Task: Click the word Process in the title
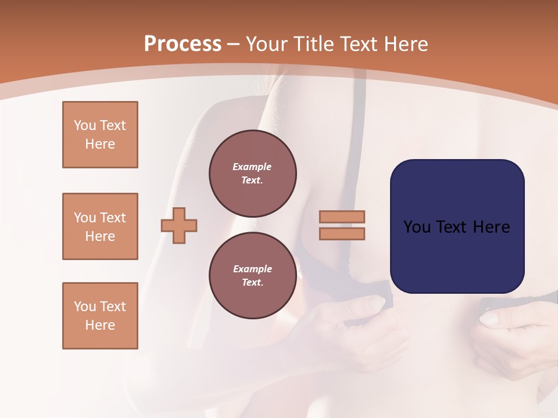coord(183,44)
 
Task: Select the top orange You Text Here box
coord(100,135)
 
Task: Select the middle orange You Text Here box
coord(100,226)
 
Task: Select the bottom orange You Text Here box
coord(100,316)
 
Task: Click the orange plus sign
coord(179,225)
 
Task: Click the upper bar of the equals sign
coord(342,217)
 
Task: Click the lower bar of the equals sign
coord(342,233)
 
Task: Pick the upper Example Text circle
coord(253,173)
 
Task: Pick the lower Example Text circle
coord(253,275)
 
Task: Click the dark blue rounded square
coord(457,255)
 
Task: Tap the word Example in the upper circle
coord(252,167)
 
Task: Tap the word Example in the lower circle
coord(252,269)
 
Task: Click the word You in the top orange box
coord(85,125)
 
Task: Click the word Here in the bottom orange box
coord(100,325)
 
